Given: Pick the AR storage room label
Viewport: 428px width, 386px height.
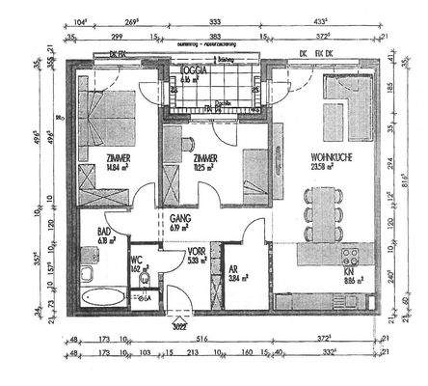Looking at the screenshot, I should pos(235,266).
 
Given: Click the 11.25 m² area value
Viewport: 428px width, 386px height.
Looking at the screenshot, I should pos(205,166).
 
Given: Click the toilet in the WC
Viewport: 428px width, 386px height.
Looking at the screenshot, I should pos(144,279).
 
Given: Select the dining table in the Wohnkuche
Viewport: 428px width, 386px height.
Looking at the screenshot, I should pos(322,213).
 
